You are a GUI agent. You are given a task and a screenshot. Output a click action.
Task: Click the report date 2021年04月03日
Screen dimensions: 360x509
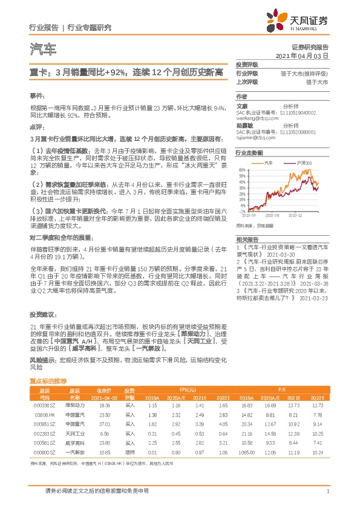[302, 55]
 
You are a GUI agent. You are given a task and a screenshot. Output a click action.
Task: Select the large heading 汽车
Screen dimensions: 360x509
[42, 48]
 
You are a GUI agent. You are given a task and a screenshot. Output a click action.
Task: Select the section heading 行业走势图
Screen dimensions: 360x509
[248, 154]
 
